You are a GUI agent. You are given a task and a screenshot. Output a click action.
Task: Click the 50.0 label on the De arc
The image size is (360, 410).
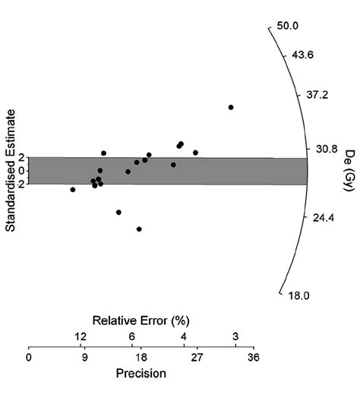click(289, 25)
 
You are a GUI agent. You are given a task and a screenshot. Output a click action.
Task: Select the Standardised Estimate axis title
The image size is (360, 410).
click(11, 171)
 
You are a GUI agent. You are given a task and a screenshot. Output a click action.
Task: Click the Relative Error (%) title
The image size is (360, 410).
click(141, 320)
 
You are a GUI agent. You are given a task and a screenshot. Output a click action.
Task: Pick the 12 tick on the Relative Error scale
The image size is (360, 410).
click(81, 336)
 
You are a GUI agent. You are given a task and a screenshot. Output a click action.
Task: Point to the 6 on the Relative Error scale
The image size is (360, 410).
click(132, 336)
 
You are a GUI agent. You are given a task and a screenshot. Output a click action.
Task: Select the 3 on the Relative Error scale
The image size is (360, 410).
click(235, 336)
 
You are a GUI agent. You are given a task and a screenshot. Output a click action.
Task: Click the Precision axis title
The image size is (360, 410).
click(141, 374)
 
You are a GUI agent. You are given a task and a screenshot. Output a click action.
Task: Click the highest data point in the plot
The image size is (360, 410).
click(231, 107)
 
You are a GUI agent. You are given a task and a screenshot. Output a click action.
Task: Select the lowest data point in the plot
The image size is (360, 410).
click(139, 229)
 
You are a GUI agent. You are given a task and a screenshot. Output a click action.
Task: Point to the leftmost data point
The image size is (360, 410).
click(73, 189)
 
